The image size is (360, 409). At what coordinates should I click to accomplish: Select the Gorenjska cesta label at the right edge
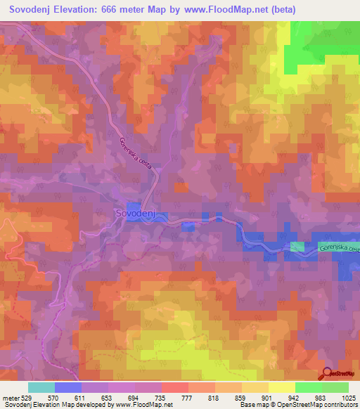point(338,248)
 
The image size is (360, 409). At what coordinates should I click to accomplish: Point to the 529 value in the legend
point(27,397)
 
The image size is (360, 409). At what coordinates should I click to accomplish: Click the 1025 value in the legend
point(347,397)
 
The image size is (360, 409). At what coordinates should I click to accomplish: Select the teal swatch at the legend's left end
point(41,387)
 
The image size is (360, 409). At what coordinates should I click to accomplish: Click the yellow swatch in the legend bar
point(281,387)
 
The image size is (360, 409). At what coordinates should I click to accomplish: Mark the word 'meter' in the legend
point(11,397)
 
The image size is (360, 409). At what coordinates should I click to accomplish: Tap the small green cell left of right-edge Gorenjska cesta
point(298,247)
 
